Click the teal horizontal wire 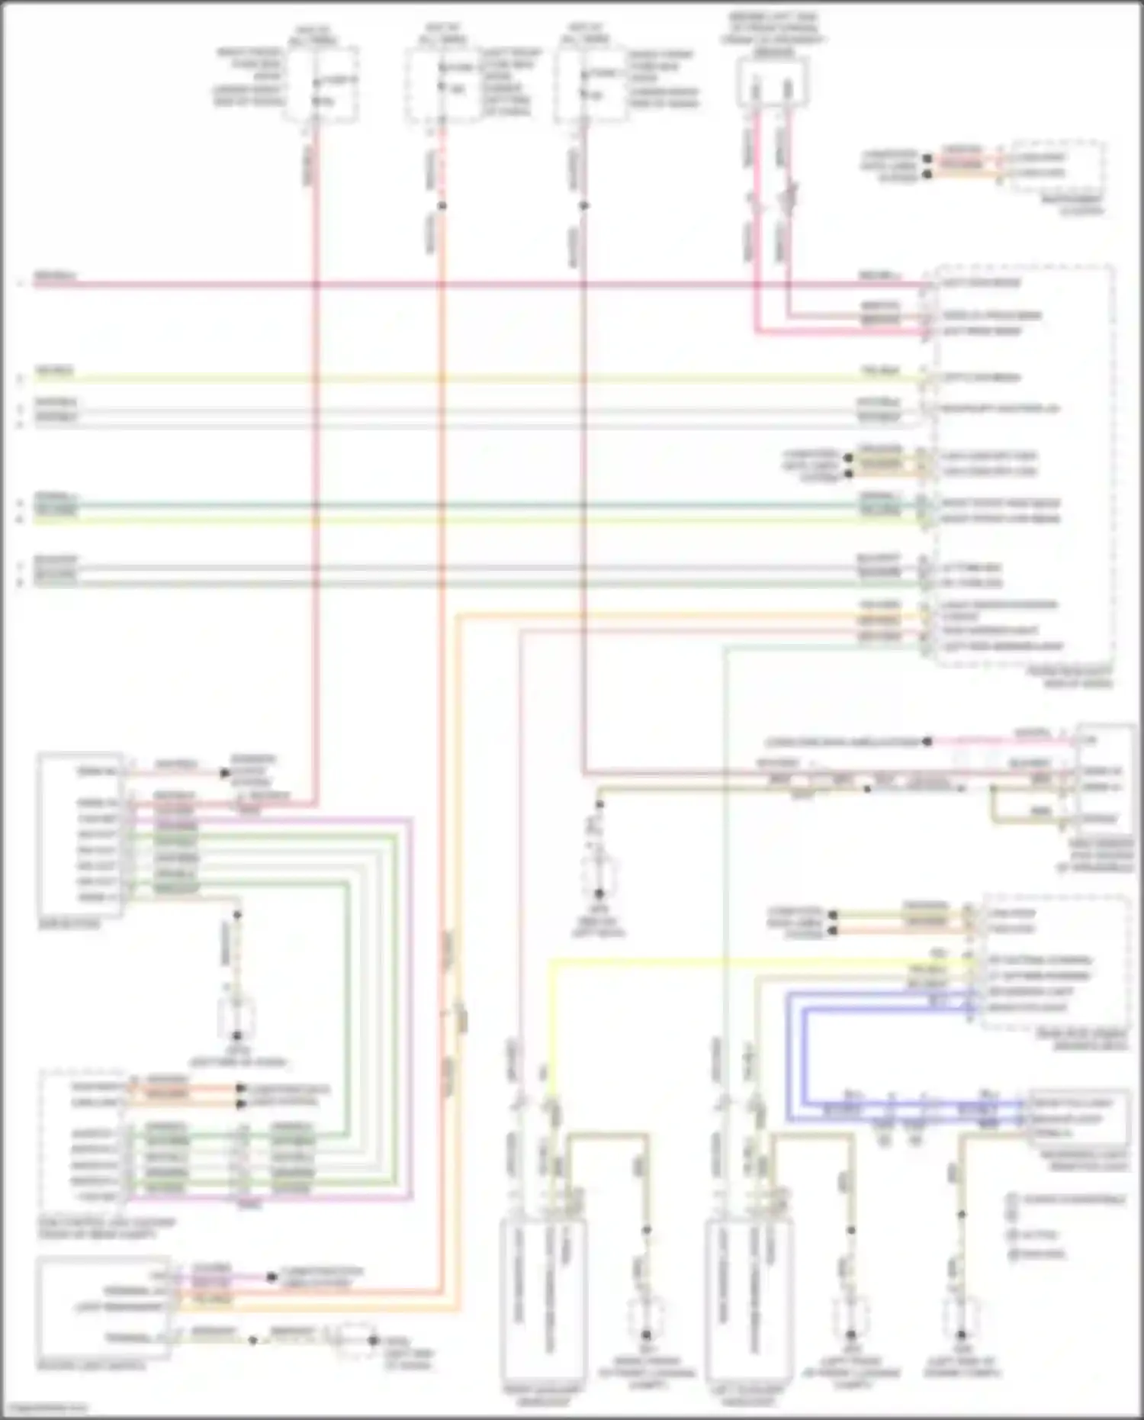pyautogui.click(x=458, y=504)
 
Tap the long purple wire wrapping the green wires pyautogui.click(x=411, y=992)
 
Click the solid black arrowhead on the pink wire pyautogui.click(x=225, y=773)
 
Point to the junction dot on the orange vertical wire pyautogui.click(x=442, y=206)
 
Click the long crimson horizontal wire pyautogui.click(x=458, y=285)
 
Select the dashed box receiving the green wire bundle pyautogui.click(x=84, y=1145)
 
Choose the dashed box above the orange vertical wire pyautogui.click(x=443, y=84)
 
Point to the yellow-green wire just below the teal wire pyautogui.click(x=458, y=520)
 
